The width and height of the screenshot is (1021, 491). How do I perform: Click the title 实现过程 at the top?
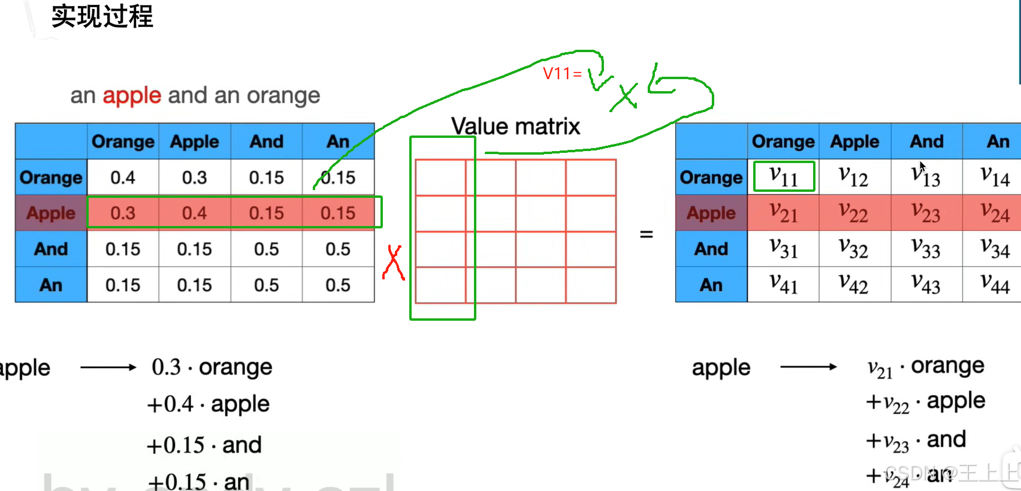coord(102,16)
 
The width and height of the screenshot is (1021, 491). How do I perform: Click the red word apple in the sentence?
coord(132,95)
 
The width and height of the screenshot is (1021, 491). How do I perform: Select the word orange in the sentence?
coord(283,95)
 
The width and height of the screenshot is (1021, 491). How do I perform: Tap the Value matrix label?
coord(515,126)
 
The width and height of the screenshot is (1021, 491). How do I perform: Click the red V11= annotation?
coord(562,74)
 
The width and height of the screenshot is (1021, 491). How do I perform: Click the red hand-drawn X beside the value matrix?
coord(393,263)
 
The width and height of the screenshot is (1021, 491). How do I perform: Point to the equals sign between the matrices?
coord(646,234)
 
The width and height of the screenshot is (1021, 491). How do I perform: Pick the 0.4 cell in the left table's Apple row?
coord(195,213)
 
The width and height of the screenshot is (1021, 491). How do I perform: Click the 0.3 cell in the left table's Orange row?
coord(195,177)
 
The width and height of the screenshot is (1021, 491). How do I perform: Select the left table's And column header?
coord(267,141)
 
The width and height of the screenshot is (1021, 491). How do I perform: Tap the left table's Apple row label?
coord(51,213)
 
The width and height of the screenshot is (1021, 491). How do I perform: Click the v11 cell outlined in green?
coord(784,177)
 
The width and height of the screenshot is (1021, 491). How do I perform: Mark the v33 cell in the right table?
coord(926,248)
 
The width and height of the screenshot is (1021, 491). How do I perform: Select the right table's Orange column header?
coord(783,141)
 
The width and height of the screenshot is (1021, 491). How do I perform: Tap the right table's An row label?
coord(711,285)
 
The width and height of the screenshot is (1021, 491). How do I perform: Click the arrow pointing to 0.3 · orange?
coord(108,368)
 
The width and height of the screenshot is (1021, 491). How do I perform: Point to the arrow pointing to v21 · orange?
coord(808,367)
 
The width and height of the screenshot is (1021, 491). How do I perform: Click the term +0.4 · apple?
coord(209,405)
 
